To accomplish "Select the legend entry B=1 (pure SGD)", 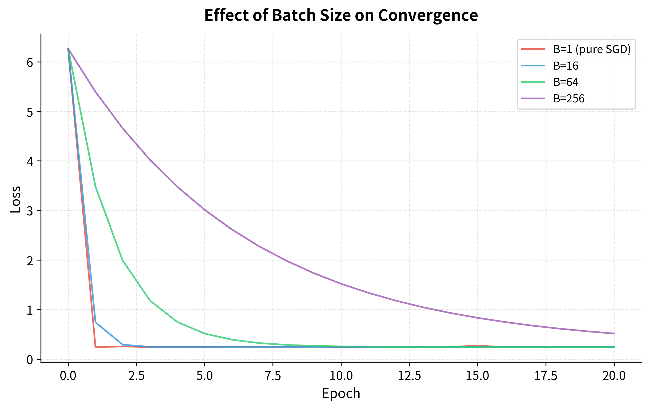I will (592, 49).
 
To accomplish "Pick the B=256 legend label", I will (569, 99).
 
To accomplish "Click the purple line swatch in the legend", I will (533, 99).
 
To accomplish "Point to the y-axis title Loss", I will (15, 199).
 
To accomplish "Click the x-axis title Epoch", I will (341, 394).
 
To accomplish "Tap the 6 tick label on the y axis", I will (30, 62).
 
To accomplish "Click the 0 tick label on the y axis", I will (30, 360).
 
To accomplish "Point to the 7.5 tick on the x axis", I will (273, 376).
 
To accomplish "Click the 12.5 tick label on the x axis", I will (409, 376).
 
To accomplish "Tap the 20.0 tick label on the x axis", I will (614, 376).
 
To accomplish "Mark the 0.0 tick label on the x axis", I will (68, 376).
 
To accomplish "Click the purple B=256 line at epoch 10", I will (341, 284).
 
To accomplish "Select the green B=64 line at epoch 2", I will (123, 260).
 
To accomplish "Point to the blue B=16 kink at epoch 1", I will (96, 322).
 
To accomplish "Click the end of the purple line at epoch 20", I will (614, 334).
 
